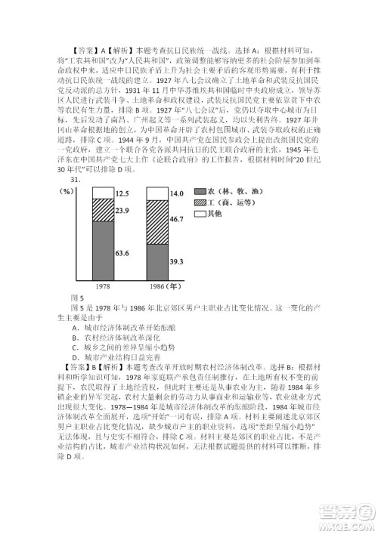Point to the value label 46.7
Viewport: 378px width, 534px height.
tap(176, 220)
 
